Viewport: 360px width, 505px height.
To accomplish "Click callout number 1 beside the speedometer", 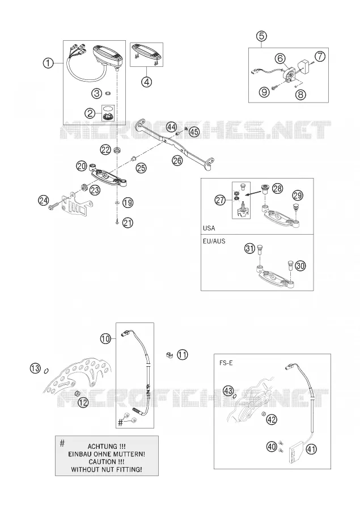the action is (x=48, y=63).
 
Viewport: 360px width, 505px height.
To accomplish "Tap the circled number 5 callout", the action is (x=262, y=36).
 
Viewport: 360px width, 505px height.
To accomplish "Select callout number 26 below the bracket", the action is (x=177, y=160).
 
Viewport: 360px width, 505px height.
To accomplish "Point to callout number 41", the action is (x=312, y=449).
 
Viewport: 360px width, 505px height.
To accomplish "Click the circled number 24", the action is (x=44, y=201).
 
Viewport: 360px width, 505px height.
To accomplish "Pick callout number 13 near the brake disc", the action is (x=36, y=367).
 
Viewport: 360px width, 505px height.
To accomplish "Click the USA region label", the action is (x=209, y=228).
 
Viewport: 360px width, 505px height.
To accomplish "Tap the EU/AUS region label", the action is (x=214, y=241).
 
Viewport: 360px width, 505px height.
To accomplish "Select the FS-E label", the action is (x=226, y=363).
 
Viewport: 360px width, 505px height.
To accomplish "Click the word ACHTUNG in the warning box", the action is (x=103, y=447).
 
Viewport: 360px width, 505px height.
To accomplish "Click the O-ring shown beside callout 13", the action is (x=46, y=371).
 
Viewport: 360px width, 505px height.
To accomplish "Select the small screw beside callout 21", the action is (x=117, y=222).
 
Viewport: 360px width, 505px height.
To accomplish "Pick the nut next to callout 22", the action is (x=117, y=150).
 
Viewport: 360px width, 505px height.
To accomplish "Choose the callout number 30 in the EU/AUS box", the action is (x=300, y=266).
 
